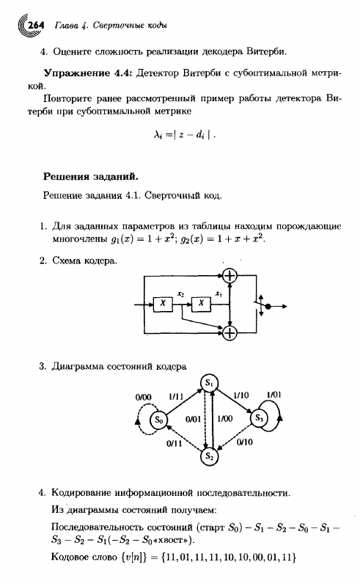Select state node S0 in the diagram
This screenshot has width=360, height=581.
(x=159, y=420)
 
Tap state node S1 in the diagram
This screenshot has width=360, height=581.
(x=209, y=383)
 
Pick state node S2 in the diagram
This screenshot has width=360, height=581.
(x=210, y=456)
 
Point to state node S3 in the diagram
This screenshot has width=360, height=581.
(x=260, y=418)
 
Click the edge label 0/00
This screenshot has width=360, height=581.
(x=143, y=398)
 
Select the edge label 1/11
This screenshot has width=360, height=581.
(x=176, y=396)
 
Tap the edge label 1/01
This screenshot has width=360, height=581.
(x=273, y=395)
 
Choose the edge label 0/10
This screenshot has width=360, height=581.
(x=244, y=442)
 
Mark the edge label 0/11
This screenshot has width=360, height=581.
(x=174, y=444)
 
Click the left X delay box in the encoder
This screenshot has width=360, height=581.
(x=163, y=304)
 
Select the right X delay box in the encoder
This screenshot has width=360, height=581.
(x=201, y=304)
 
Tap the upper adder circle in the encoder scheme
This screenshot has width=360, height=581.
(x=230, y=276)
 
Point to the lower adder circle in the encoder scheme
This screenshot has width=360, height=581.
(x=230, y=332)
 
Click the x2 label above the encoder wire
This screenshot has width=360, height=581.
(x=181, y=294)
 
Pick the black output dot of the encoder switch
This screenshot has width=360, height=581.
(x=268, y=307)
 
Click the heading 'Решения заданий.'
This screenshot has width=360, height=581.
(x=91, y=176)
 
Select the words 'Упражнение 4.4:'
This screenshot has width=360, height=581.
(x=88, y=73)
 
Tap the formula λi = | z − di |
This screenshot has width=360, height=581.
(x=185, y=135)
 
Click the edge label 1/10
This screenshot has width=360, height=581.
(x=241, y=395)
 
